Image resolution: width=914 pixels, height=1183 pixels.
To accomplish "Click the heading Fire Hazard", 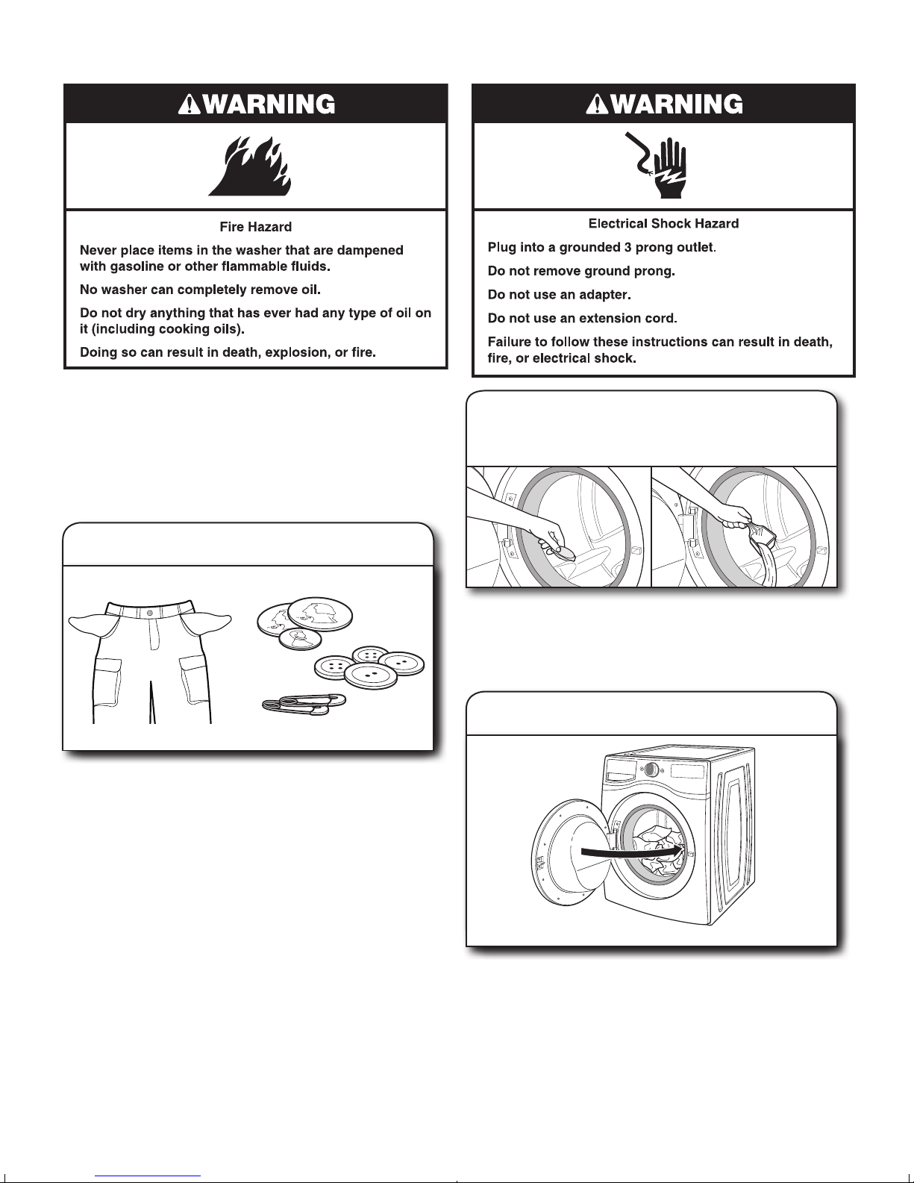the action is [256, 226].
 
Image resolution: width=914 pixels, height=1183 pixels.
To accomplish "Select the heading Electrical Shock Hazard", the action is [663, 223].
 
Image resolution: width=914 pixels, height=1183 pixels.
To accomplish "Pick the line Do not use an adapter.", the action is [560, 295].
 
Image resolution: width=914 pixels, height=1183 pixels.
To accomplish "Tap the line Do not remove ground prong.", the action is [581, 271].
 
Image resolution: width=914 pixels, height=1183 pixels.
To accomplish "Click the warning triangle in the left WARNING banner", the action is [188, 104].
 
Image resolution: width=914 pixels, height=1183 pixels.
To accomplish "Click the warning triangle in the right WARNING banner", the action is [596, 104].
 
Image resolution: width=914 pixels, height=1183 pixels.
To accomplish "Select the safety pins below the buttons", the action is [304, 703].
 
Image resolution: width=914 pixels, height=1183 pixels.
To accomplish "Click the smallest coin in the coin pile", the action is [300, 639].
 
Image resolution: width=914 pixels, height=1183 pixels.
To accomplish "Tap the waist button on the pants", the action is [150, 613].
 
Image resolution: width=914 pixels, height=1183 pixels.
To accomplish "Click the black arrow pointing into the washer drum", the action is [631, 852].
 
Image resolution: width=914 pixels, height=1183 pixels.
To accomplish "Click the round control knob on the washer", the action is [651, 770].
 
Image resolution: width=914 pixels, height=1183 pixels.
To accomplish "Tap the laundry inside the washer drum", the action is [660, 850].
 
